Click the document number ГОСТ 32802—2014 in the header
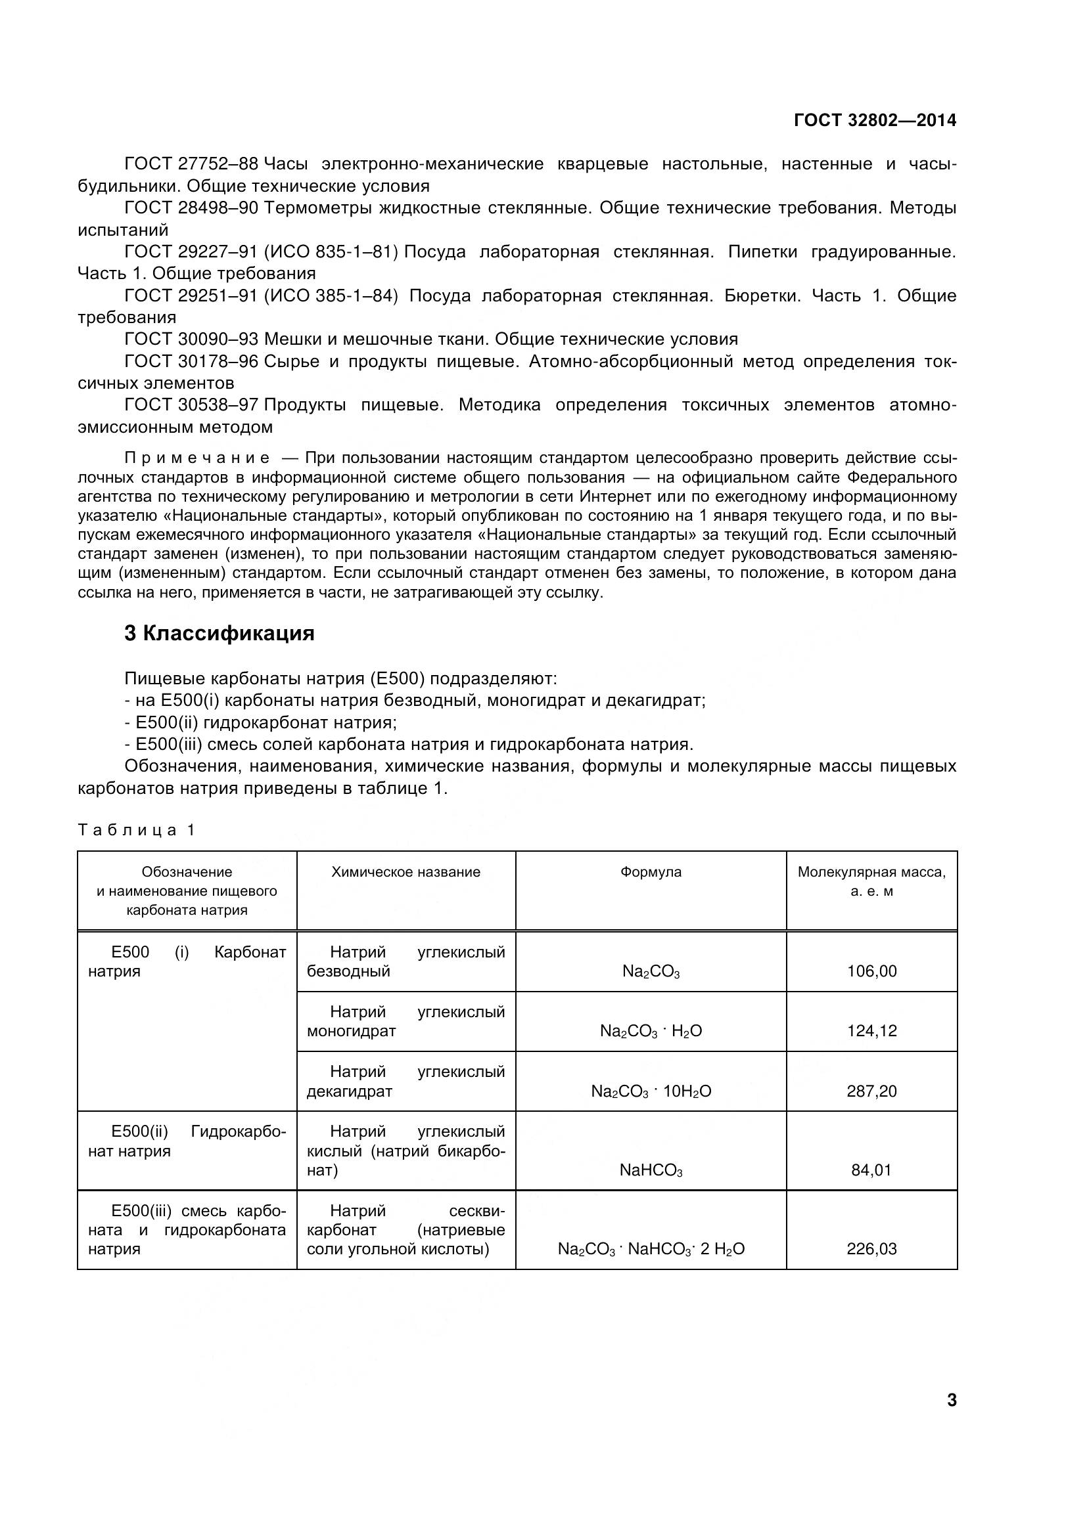[875, 120]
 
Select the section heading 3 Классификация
[220, 633]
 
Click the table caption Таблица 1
[136, 830]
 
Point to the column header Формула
[651, 871]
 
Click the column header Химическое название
[405, 871]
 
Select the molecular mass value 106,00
[871, 971]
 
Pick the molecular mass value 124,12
[871, 1031]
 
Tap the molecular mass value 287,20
[871, 1091]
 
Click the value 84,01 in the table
[871, 1170]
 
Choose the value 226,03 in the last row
[871, 1249]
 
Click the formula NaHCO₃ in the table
[651, 1170]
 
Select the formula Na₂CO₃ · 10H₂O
[651, 1091]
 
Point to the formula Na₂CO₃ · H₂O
[651, 1031]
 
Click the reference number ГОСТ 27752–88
[191, 164]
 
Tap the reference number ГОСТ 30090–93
[191, 339]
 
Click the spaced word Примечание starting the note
[197, 458]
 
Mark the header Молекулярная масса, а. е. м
[871, 881]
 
